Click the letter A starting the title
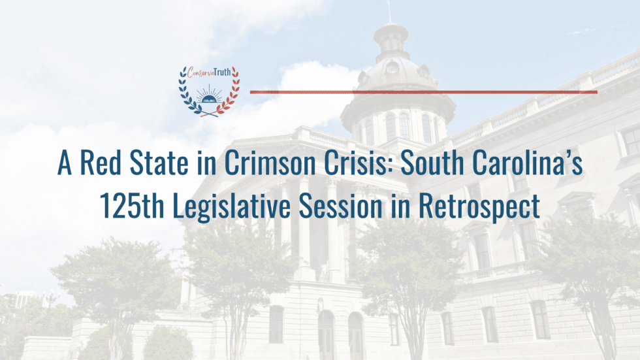point(64,163)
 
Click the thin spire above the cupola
point(390,11)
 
